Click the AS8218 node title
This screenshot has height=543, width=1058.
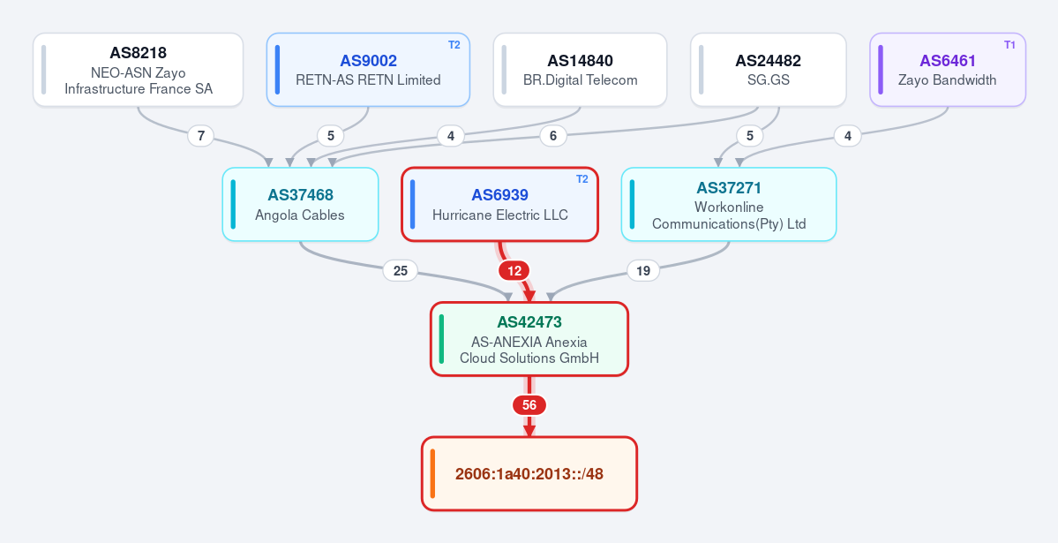coord(139,53)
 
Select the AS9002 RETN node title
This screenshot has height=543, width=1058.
coord(369,61)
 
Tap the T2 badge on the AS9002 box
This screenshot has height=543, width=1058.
coord(454,45)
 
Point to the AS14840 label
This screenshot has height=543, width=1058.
coord(581,61)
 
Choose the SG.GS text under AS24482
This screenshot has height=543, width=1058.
coord(769,79)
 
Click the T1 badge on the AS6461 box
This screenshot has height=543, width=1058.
coord(1009,45)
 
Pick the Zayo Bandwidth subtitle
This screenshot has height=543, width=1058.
coord(948,79)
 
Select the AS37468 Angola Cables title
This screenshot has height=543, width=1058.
coord(300,195)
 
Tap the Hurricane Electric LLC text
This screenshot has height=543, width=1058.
coord(500,215)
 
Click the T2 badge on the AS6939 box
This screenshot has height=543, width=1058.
coord(582,179)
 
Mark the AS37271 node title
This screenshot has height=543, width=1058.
coord(729,188)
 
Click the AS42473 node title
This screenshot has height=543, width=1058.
coord(529,322)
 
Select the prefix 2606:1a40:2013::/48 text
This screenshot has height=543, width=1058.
coord(529,474)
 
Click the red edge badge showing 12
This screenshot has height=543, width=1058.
coord(514,271)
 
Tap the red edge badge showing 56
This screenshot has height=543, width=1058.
coord(529,405)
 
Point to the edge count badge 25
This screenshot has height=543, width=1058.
coord(400,271)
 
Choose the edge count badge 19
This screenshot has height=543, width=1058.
coord(643,271)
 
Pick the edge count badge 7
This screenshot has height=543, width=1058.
coord(200,136)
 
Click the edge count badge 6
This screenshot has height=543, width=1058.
coord(552,136)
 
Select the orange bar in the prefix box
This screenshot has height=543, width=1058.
coord(432,473)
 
